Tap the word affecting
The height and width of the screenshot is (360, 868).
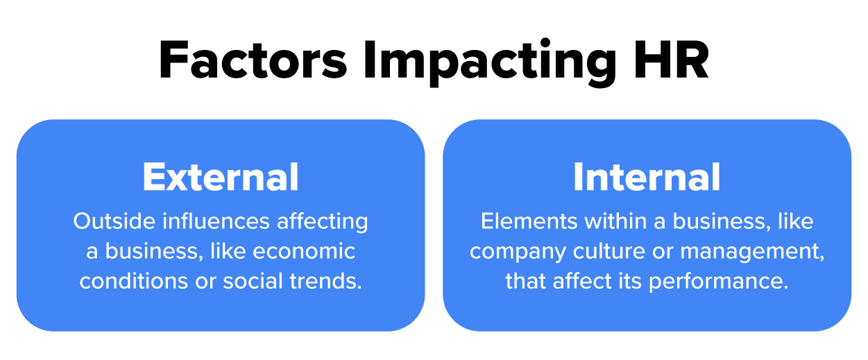pyautogui.click(x=323, y=221)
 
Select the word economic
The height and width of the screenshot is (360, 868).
pyautogui.click(x=304, y=251)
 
